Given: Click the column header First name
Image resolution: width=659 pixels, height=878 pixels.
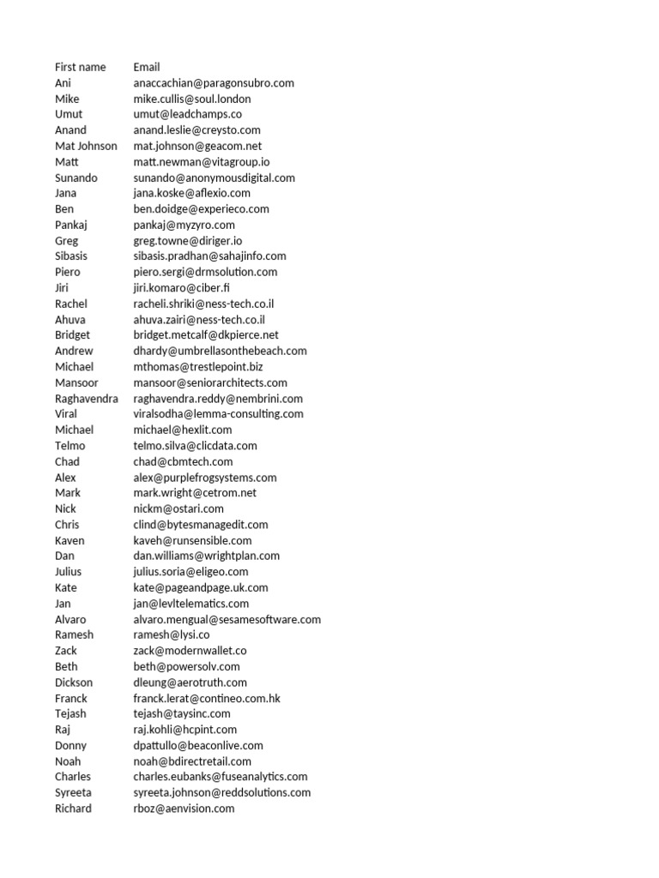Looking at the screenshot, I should pos(81,67).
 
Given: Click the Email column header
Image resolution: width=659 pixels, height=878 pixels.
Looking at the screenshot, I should pos(147,67).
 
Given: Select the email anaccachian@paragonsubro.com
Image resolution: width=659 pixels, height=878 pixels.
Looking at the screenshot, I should pos(214,83).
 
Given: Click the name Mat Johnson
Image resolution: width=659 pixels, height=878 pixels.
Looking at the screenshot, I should pos(86,146).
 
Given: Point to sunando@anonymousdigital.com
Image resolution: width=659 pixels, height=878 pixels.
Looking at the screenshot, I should pos(215,177).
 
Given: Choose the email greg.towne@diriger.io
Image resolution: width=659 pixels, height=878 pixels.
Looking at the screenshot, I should pos(188,241).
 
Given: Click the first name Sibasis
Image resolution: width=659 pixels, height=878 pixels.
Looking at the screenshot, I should pos(71,256).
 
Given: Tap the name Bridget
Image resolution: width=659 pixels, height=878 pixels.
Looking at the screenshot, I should pos(73,335).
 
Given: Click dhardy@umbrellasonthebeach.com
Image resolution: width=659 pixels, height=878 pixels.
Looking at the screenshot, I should pos(220,351).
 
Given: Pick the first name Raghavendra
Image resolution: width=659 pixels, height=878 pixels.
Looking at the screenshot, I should pos(87,399).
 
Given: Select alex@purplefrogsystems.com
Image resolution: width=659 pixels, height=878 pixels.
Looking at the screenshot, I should pos(205,478).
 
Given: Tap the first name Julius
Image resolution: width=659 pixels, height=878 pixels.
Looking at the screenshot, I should pos(69,572).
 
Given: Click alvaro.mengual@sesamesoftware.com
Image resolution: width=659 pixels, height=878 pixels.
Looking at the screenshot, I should pos(227,619).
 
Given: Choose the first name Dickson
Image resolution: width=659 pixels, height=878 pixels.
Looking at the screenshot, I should pos(74,683).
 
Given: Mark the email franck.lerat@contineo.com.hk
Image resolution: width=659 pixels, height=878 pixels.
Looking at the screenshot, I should pos(207,698).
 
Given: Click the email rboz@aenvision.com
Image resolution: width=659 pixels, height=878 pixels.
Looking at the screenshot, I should pos(184,809).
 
